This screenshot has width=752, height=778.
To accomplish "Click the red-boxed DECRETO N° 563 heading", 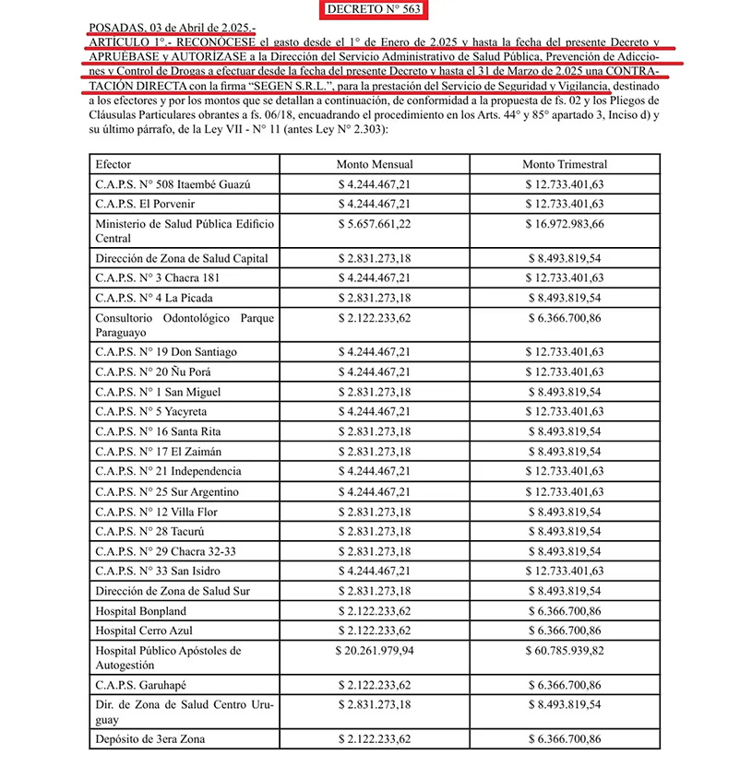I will point(376,11).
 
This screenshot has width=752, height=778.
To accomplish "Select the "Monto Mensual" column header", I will point(374,164).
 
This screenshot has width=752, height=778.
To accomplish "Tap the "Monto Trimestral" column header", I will point(565,164).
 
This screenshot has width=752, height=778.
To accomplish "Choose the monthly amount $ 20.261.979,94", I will point(375,650).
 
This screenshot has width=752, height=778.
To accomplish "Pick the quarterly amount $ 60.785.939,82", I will point(565,650).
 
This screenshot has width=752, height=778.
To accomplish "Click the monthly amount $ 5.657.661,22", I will point(375,223).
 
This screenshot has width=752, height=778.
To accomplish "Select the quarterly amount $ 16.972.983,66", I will point(565,223).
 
